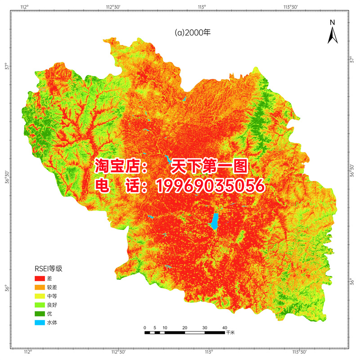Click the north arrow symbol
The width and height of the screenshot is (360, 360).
pyautogui.click(x=332, y=36)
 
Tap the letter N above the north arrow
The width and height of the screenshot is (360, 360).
pyautogui.click(x=332, y=22)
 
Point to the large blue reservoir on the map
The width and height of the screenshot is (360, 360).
pyautogui.click(x=215, y=220)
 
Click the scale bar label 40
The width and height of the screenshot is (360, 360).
pyautogui.click(x=224, y=327)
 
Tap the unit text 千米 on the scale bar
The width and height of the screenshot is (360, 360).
pyautogui.click(x=230, y=333)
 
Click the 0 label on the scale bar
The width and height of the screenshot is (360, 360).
pyautogui.click(x=145, y=327)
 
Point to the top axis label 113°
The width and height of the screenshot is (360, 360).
pyautogui.click(x=202, y=7)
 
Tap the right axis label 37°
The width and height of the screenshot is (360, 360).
pyautogui.click(x=352, y=60)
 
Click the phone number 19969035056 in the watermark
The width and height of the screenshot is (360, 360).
pyautogui.click(x=210, y=186)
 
